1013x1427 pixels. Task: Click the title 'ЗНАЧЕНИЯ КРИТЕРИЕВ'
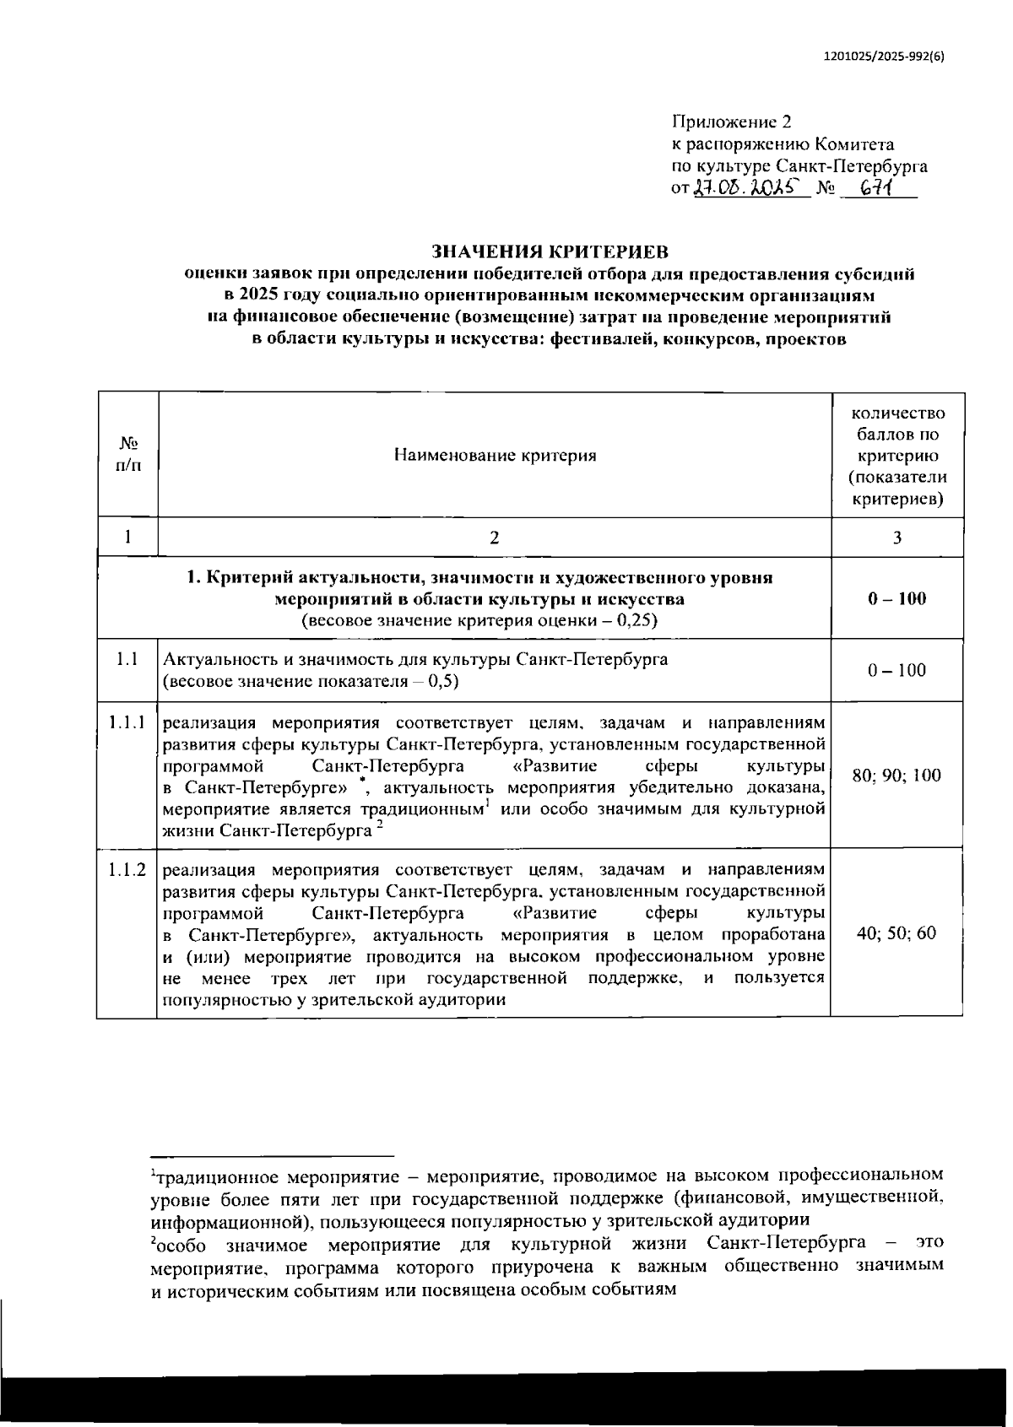tap(550, 251)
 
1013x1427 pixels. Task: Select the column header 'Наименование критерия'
tap(495, 456)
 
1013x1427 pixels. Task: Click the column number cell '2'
tap(495, 538)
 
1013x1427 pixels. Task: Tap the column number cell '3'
tap(897, 538)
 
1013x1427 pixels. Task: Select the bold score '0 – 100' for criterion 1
tap(897, 598)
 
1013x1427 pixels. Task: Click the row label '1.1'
tap(127, 659)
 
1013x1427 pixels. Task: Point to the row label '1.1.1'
tap(127, 722)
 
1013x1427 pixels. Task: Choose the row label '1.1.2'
tap(127, 869)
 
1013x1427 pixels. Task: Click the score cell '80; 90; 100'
tap(897, 776)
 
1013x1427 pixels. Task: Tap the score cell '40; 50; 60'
tap(897, 933)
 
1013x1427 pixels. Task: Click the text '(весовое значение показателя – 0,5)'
tap(311, 681)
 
